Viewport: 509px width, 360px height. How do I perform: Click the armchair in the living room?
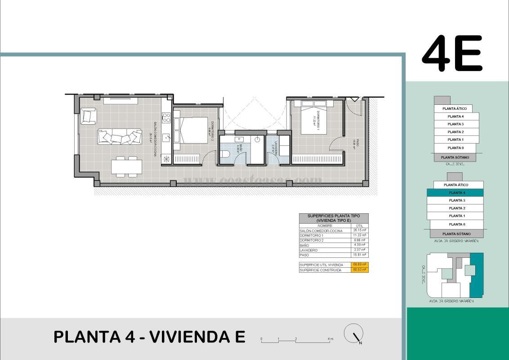89,116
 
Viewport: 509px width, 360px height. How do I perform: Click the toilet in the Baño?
226,154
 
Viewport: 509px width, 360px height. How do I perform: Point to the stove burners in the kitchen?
166,117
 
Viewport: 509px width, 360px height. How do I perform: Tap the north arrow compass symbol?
354,334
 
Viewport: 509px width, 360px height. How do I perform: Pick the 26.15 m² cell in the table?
360,230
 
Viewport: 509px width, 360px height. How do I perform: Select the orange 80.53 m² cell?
360,270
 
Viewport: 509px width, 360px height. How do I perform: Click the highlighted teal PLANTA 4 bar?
455,193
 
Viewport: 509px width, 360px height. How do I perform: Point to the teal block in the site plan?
477,275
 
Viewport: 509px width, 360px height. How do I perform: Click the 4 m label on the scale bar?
330,338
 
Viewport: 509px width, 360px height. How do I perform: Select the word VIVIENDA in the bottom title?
196,337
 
